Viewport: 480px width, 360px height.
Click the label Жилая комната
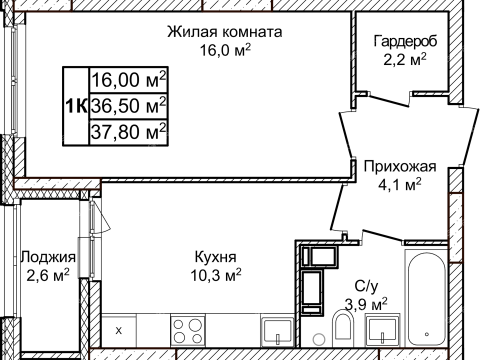pos(225,32)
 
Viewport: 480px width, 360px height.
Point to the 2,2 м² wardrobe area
pos(406,60)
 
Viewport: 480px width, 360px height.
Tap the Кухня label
pos(217,254)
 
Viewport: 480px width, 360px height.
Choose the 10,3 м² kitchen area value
pos(217,272)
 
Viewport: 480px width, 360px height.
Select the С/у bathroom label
pos(366,283)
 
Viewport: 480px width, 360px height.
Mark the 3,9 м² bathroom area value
pos(366,302)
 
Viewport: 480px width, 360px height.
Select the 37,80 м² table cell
pos(128,131)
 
